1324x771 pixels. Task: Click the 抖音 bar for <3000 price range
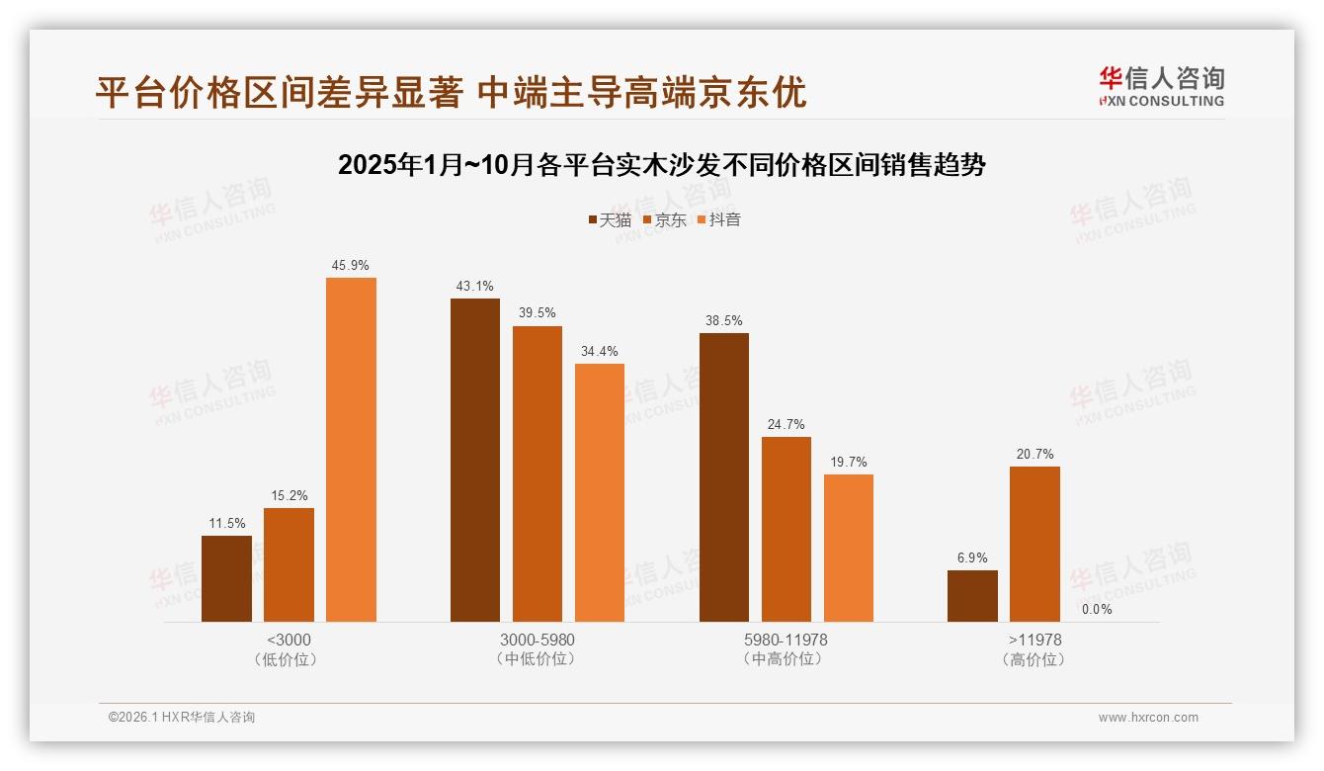pyautogui.click(x=351, y=450)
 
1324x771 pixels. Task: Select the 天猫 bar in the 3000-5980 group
pyautogui.click(x=475, y=460)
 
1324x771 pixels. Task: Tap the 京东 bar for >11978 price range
pyautogui.click(x=1034, y=544)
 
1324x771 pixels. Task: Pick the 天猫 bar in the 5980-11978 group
pyautogui.click(x=724, y=477)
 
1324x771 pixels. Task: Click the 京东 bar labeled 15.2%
pyautogui.click(x=289, y=564)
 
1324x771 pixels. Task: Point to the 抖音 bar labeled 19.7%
pyautogui.click(x=849, y=548)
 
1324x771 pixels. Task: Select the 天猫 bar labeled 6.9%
pyautogui.click(x=972, y=596)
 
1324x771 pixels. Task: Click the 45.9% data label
pyautogui.click(x=351, y=266)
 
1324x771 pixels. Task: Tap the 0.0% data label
pyautogui.click(x=1097, y=610)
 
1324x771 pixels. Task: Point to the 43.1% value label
pyautogui.click(x=475, y=287)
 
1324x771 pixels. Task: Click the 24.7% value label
pyautogui.click(x=786, y=425)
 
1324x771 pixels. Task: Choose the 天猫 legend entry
pyautogui.click(x=610, y=219)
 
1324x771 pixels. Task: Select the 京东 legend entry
pyautogui.click(x=665, y=219)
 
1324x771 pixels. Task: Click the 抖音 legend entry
pyautogui.click(x=719, y=219)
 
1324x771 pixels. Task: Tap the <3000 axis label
pyautogui.click(x=289, y=640)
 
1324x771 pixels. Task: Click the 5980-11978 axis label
pyautogui.click(x=786, y=640)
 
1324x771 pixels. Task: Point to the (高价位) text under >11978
pyautogui.click(x=1034, y=659)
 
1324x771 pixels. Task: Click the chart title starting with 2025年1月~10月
pyautogui.click(x=662, y=165)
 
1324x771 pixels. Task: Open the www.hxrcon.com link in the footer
pyautogui.click(x=1148, y=718)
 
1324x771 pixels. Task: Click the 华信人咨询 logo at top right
pyautogui.click(x=1161, y=86)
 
